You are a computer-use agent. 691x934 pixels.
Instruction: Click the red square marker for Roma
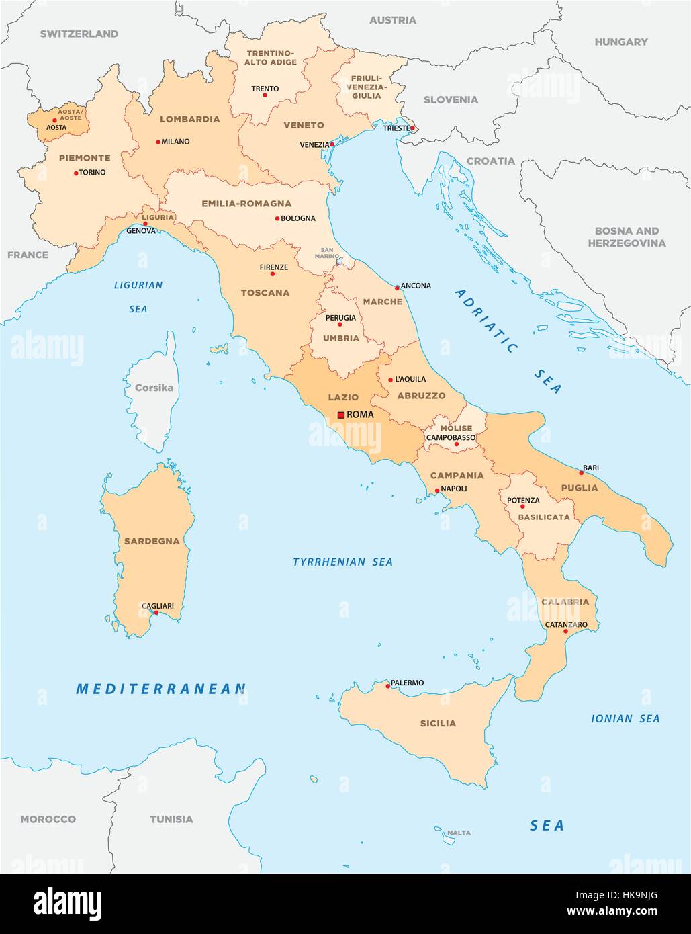coord(341,415)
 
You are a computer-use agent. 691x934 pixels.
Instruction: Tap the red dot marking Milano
coord(158,142)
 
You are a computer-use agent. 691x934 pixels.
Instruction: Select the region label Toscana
coord(265,293)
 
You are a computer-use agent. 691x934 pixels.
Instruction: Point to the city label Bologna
coord(298,218)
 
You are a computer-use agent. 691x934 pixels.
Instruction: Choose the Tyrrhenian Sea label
coord(342,562)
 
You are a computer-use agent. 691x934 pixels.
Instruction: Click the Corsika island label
coord(154,388)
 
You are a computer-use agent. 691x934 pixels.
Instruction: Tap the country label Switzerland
coord(79,34)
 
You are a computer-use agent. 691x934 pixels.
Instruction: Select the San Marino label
coord(328,251)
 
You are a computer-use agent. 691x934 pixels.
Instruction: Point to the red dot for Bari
coord(582,473)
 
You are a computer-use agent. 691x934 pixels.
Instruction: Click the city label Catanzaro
coord(566,624)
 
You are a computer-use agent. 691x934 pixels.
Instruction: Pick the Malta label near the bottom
coord(459,833)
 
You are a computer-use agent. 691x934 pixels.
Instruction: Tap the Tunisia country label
coord(171,819)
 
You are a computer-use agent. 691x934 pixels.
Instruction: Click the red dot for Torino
coord(75,173)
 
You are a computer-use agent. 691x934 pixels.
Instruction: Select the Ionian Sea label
coord(625,718)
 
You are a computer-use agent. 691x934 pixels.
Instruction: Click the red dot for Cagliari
coord(156,612)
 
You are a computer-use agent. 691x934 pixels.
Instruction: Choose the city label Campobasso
coord(451,437)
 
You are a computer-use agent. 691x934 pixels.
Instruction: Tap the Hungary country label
coord(621,42)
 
